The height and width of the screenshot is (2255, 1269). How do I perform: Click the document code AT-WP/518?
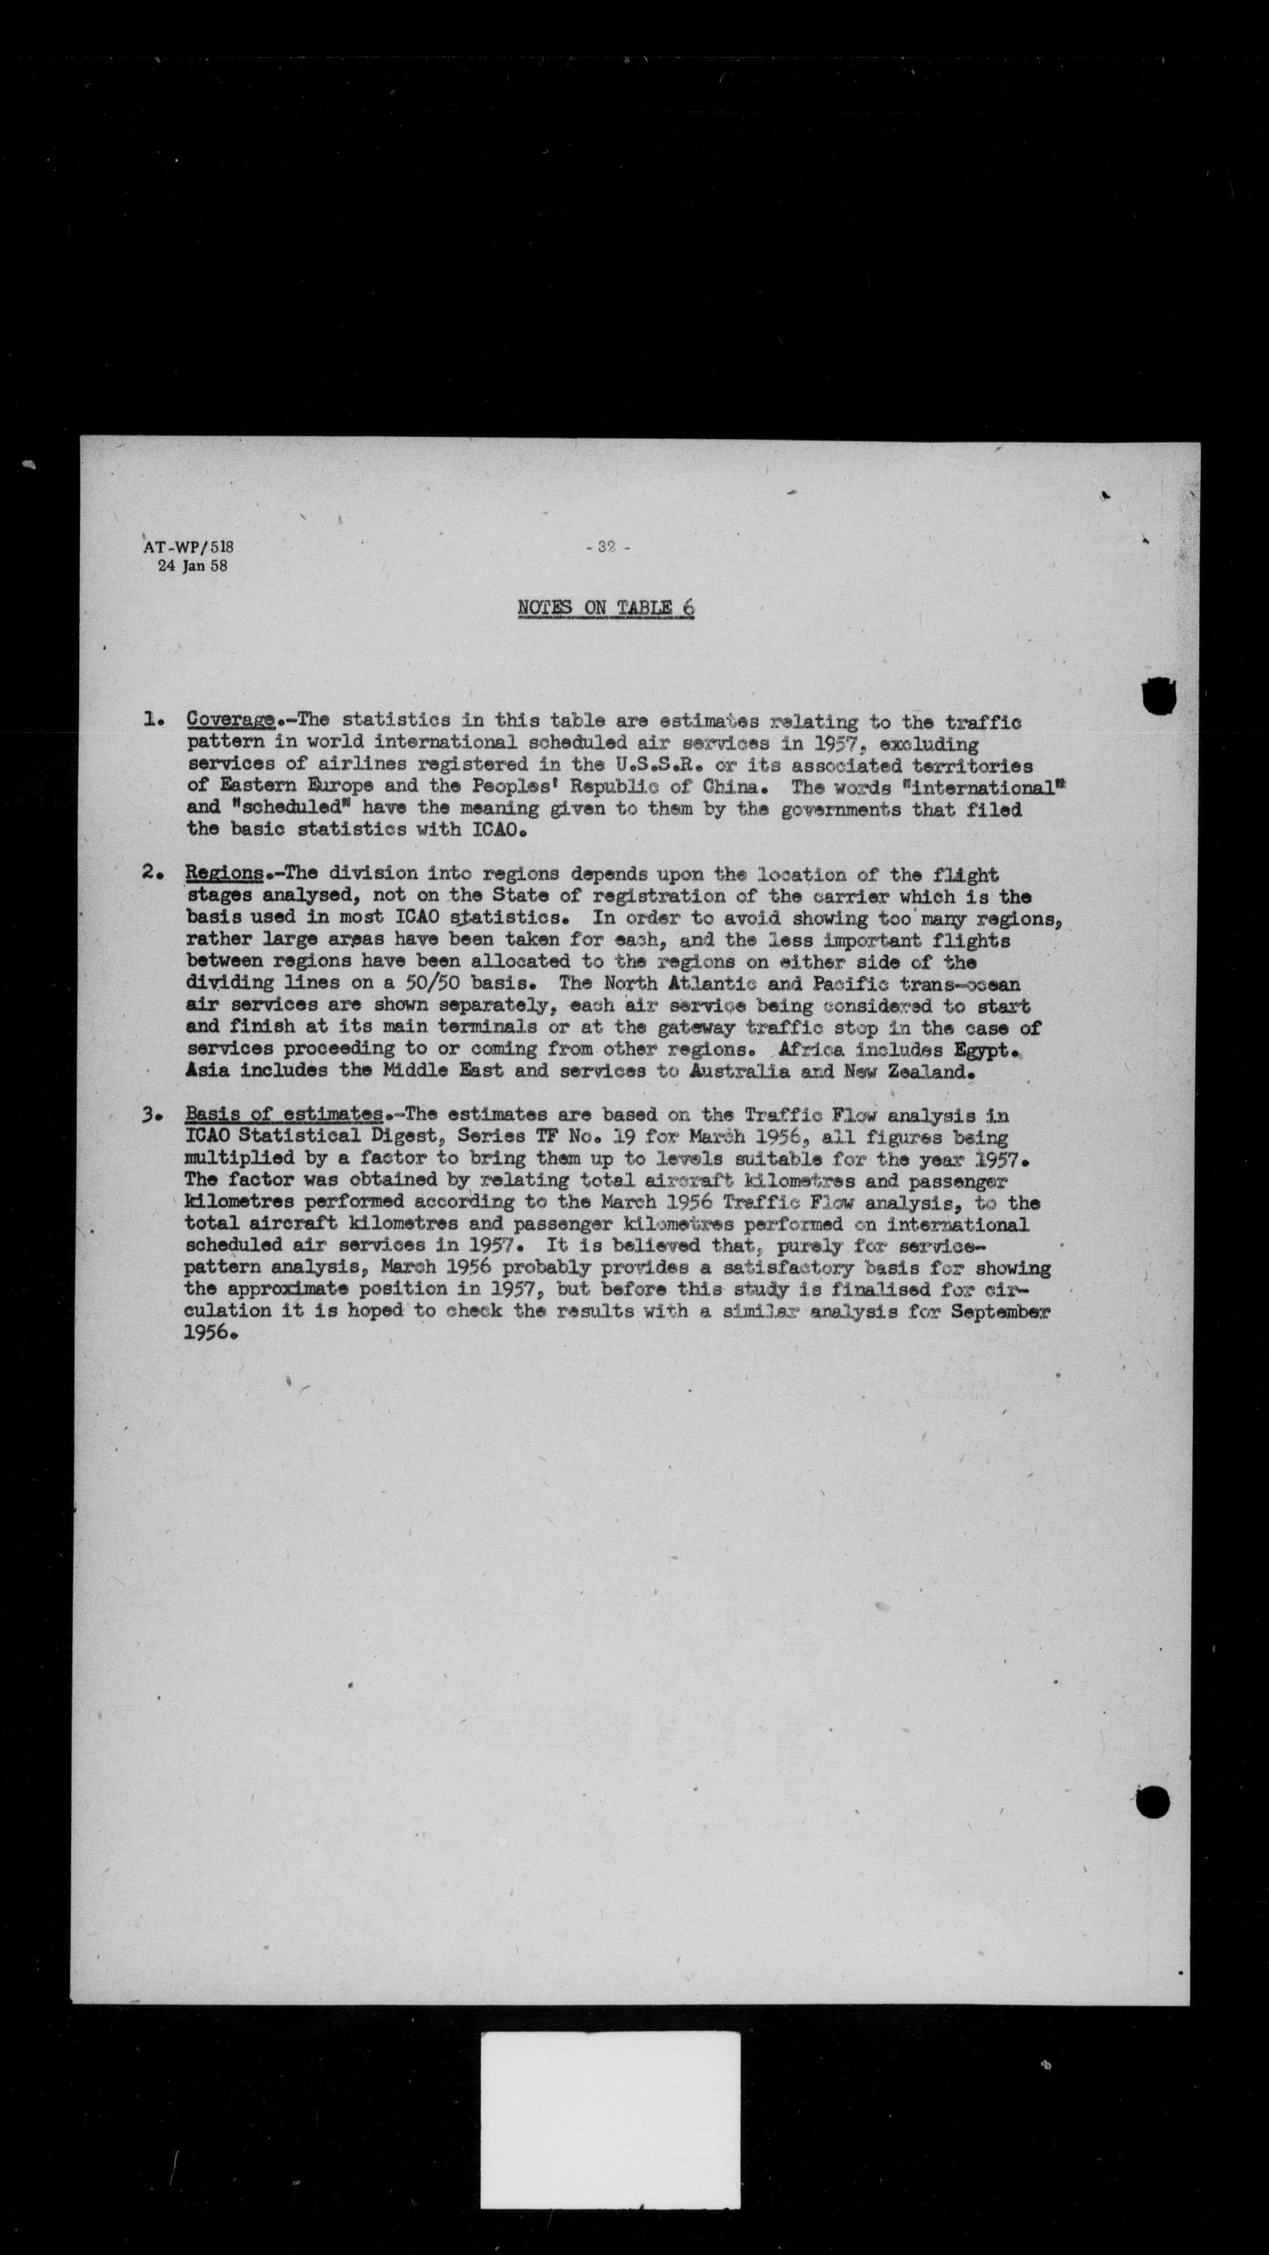click(x=188, y=547)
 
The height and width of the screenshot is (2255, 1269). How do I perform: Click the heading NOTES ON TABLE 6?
click(x=606, y=607)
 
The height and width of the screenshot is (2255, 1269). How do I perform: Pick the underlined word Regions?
click(x=224, y=874)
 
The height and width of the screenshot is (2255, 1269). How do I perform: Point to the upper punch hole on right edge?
click(x=1158, y=696)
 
